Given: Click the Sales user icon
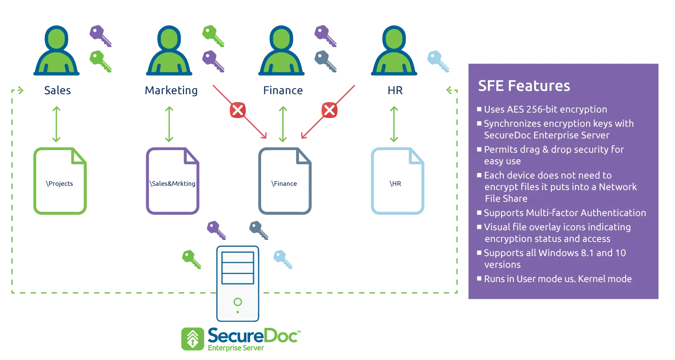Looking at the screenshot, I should coord(57,51).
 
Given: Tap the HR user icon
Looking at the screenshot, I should coord(395,51).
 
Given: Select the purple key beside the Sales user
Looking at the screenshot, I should coord(100,36).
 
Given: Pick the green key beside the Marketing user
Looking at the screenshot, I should coord(213,36).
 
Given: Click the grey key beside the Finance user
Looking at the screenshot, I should coord(326,61).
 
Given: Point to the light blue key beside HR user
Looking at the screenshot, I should coord(439,61).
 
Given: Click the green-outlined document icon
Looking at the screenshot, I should coord(60,181).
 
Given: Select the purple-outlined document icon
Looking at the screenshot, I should coord(173,181).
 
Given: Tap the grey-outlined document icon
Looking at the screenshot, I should coord(285,181).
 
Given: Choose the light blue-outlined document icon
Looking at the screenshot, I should coord(398,181).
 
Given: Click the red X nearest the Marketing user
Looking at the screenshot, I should coord(238,110).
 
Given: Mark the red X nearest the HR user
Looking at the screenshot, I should coord(329,110).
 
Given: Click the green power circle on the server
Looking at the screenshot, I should coord(238,302).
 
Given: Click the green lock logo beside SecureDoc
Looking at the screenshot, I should coord(192,339).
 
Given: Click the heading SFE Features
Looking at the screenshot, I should coord(524,86).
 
